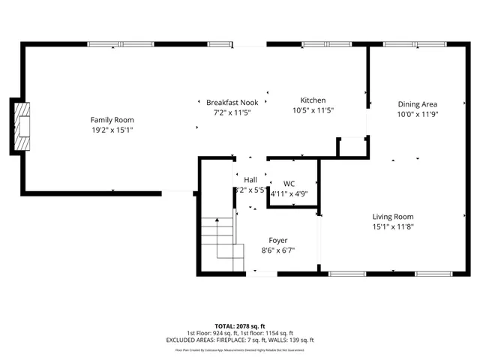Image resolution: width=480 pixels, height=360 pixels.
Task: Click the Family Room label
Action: [112, 120]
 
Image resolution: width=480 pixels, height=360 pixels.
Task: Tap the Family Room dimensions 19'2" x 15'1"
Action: [112, 130]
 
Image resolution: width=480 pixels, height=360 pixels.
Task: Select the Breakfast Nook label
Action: [232, 102]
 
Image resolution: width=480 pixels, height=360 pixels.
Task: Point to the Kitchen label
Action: [313, 100]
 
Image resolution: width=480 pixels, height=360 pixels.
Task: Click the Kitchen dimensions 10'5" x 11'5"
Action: [313, 110]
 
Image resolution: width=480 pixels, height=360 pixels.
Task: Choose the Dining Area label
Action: [417, 104]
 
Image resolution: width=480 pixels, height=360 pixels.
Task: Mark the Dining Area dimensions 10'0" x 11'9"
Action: [417, 115]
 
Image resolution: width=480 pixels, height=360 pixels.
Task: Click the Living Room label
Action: [393, 217]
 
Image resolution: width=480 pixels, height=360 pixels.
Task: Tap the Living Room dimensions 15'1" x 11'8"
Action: [393, 226]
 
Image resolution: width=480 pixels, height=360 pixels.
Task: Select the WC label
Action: [289, 184]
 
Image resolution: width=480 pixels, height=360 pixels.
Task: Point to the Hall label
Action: [250, 180]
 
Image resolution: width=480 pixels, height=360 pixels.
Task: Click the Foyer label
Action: [278, 240]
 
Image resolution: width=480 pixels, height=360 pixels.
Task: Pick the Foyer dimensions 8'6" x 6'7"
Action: [278, 250]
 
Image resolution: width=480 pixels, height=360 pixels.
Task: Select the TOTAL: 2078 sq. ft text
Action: [239, 325]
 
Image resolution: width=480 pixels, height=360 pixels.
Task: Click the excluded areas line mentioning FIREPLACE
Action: [239, 340]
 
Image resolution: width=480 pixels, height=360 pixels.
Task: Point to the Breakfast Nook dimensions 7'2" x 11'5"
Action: [232, 112]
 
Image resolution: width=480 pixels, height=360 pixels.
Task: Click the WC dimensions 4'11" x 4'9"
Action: [289, 193]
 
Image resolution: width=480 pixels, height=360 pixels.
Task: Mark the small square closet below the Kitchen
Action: [352, 146]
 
